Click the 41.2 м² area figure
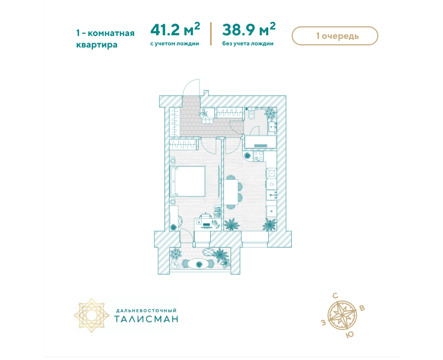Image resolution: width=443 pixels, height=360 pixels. [x=175, y=29]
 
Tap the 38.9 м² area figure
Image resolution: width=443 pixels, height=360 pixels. [x=249, y=29]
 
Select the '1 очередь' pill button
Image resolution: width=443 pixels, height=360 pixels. [x=335, y=36]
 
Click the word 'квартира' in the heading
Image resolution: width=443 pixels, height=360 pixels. [x=97, y=45]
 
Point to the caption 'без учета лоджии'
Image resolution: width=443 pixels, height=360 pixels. [x=248, y=43]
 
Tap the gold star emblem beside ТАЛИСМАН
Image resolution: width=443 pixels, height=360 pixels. [x=91, y=315]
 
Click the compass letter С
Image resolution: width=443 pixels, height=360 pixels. [x=335, y=296]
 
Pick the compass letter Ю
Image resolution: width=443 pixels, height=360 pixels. [x=350, y=335]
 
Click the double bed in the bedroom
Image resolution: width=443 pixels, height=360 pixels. [x=187, y=181]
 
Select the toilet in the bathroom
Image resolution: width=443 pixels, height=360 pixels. [x=251, y=114]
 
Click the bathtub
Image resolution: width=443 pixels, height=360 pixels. [x=260, y=142]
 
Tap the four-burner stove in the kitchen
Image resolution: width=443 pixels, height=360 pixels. [x=258, y=156]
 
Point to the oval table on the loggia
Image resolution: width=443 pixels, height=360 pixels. [x=199, y=264]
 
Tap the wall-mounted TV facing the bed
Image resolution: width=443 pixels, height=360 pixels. [x=219, y=182]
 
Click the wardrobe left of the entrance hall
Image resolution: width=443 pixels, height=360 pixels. [x=174, y=122]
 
